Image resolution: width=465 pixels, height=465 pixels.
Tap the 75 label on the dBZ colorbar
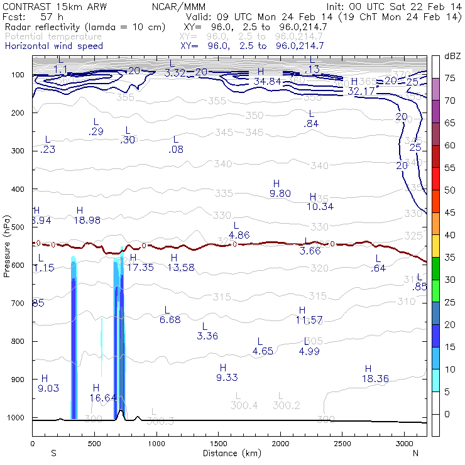pyautogui.click(x=450, y=78)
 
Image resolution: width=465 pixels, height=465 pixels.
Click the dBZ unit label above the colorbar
pyautogui.click(x=452, y=56)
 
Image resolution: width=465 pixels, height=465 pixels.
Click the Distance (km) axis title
pyautogui.click(x=229, y=453)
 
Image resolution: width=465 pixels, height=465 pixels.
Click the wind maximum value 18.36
pyautogui.click(x=375, y=378)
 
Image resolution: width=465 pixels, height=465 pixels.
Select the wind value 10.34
pyautogui.click(x=320, y=207)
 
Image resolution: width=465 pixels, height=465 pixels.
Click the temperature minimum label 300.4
pyautogui.click(x=244, y=405)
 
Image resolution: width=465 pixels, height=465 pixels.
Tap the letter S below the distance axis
pyautogui.click(x=53, y=453)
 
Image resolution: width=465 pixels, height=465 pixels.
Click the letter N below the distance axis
pyautogui.click(x=415, y=453)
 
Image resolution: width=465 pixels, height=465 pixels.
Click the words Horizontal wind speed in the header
pyautogui.click(x=53, y=46)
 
